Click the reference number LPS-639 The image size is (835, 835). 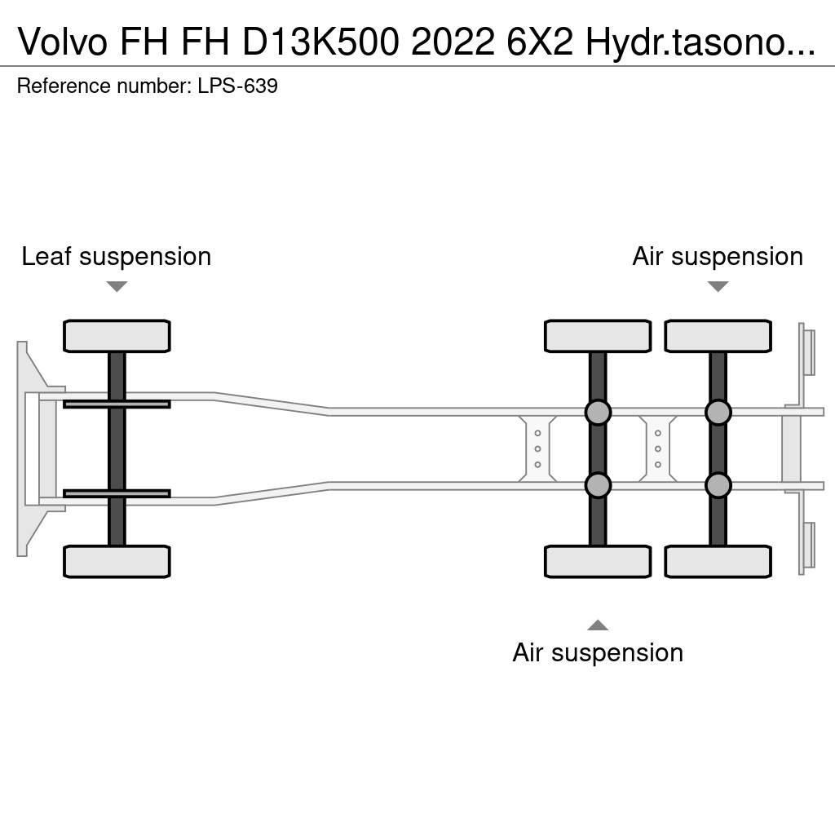[x=237, y=86]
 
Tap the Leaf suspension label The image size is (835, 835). [x=116, y=257]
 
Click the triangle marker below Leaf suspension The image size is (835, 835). [x=117, y=286]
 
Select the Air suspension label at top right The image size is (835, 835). [x=718, y=257]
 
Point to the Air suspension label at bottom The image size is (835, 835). [x=598, y=652]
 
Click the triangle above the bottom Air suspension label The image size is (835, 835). [x=598, y=625]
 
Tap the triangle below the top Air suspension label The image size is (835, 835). [x=718, y=286]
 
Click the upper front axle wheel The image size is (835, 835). [x=117, y=336]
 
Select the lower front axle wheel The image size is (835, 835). [x=117, y=561]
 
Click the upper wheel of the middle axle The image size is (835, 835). [x=598, y=336]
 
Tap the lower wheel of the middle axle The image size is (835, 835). [x=598, y=561]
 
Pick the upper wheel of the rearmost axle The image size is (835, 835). [x=718, y=336]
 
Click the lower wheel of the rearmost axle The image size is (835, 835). [x=718, y=561]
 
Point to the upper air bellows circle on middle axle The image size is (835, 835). [x=598, y=413]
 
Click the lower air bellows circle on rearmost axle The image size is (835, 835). [x=718, y=485]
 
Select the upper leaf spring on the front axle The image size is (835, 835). [x=117, y=404]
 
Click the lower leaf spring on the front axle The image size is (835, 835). [x=117, y=493]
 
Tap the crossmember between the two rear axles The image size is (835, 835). [x=657, y=448]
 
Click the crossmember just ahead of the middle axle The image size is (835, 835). [x=537, y=448]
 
